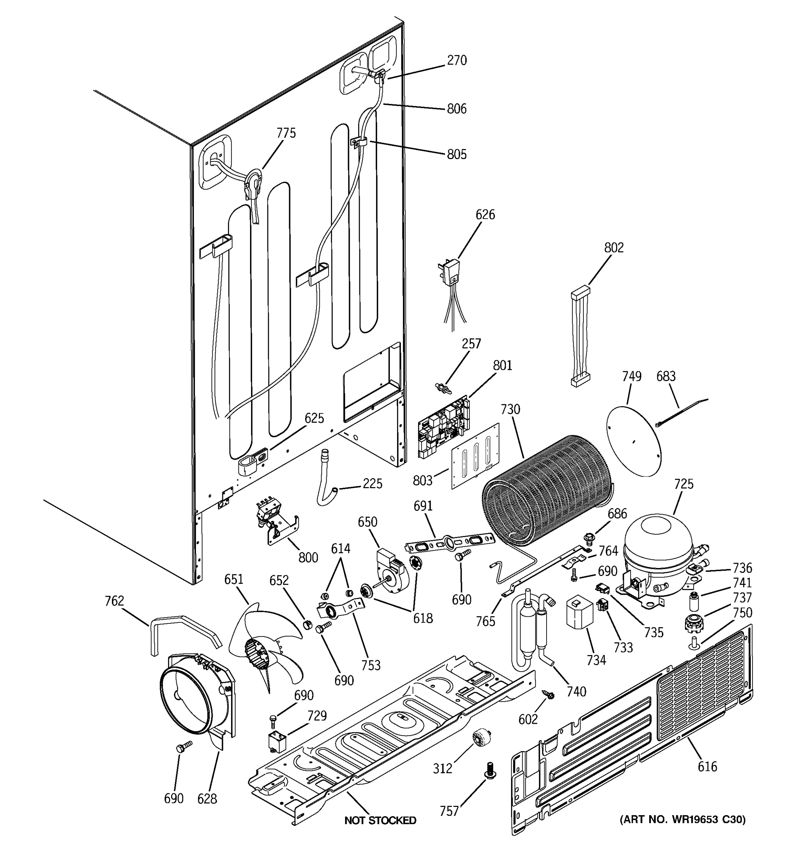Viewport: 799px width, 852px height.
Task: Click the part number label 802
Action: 614,248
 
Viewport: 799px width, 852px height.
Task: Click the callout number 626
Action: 485,214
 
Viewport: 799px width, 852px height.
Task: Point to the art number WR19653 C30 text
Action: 683,819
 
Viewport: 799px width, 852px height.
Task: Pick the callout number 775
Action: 286,133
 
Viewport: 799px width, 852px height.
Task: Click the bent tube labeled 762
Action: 184,630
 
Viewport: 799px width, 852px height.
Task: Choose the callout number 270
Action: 457,60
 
